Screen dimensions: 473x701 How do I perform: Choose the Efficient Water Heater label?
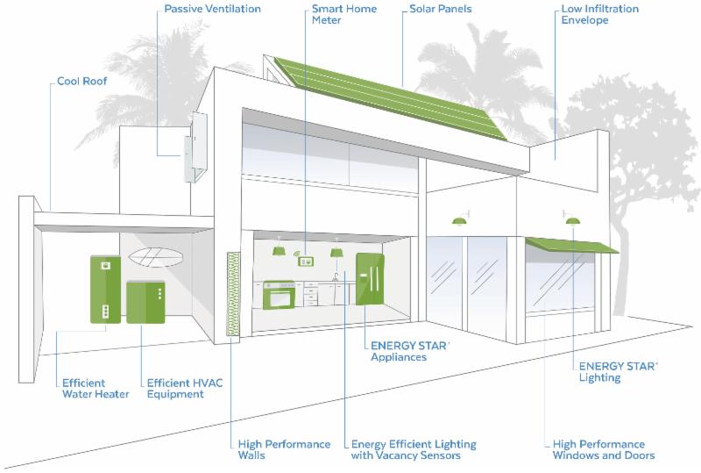tap(96, 389)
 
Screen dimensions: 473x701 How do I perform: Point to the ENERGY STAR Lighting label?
tap(612, 372)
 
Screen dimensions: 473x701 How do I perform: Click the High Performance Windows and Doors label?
tap(598, 450)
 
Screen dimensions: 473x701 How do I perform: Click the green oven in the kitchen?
tap(281, 294)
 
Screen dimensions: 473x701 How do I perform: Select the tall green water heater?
tap(106, 289)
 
